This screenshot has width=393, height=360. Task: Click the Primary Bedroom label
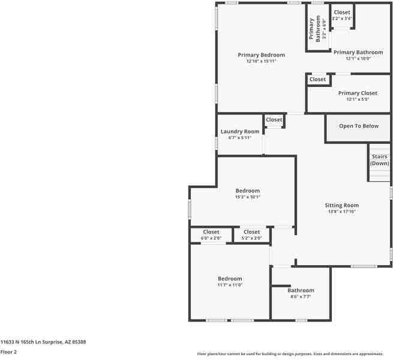[261, 55]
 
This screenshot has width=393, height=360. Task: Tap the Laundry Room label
[240, 131]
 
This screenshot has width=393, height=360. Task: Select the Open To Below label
[359, 126]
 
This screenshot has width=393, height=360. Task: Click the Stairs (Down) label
[379, 160]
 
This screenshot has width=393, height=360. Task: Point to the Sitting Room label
[342, 205]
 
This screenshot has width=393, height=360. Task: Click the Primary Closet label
[358, 93]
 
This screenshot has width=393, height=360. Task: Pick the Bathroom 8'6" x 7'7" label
[301, 290]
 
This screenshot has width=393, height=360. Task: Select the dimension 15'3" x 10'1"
[247, 197]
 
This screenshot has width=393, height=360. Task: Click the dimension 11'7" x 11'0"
[230, 285]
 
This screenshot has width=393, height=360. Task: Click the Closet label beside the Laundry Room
[274, 120]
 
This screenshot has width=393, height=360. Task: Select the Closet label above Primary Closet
[317, 79]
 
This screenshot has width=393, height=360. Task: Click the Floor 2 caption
[9, 352]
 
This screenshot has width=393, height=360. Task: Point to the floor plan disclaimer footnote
[290, 354]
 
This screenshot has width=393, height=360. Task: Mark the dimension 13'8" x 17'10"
[342, 212]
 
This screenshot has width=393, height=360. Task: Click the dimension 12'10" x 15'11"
[261, 61]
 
